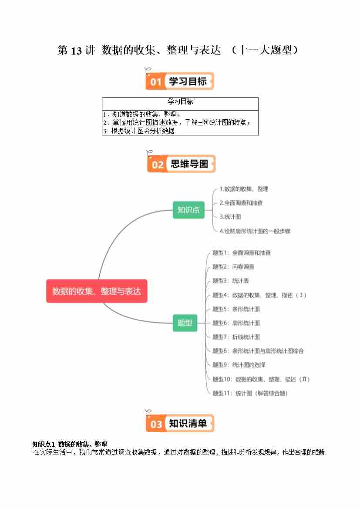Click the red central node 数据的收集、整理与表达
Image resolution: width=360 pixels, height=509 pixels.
click(97, 291)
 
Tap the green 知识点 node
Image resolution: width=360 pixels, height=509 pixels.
click(188, 210)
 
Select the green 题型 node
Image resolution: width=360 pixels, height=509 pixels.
click(185, 323)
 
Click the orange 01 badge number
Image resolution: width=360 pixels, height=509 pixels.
click(156, 82)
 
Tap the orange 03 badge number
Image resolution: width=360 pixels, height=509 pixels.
click(156, 424)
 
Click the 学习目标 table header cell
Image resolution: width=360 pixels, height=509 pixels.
click(180, 102)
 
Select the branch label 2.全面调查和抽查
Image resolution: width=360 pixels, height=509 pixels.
click(241, 203)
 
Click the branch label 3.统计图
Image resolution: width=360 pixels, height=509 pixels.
click(230, 217)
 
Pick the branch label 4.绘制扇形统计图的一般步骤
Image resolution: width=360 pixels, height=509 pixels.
click(255, 231)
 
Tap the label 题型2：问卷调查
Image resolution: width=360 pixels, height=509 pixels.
click(233, 267)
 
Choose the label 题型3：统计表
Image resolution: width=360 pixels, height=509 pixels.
click(230, 281)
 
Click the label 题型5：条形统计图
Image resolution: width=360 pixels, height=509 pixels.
click(236, 309)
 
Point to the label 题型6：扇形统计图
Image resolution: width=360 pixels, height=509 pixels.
click(236, 323)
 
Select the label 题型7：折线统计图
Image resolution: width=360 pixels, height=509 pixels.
click(236, 337)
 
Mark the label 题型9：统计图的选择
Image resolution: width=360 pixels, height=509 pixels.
click(239, 365)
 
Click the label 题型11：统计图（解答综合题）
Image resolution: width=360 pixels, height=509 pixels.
click(250, 393)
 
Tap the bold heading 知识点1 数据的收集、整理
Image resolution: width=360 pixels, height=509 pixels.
click(70, 444)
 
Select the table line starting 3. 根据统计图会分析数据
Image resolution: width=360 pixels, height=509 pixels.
click(138, 131)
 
